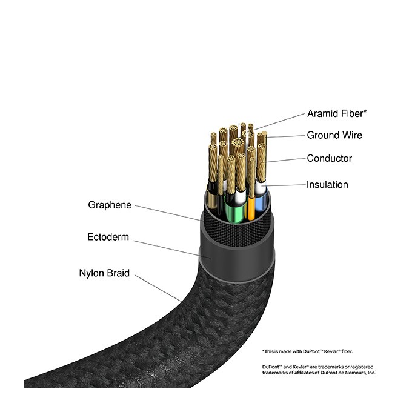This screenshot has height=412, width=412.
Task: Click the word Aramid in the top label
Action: (x=323, y=113)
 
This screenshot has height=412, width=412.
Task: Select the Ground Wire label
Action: (x=334, y=135)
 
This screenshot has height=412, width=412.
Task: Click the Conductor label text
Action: (x=329, y=158)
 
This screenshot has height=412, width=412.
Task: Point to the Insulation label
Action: (x=327, y=184)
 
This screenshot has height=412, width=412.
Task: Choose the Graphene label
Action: (x=110, y=205)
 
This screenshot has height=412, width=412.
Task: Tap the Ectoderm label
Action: (x=108, y=237)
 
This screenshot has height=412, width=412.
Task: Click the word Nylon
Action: (x=91, y=273)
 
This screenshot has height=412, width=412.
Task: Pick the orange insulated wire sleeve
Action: (x=251, y=208)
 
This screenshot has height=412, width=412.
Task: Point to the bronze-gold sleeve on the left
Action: (x=211, y=199)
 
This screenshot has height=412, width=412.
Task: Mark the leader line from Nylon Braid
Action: (x=158, y=288)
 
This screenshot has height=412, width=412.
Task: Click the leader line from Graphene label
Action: (x=167, y=213)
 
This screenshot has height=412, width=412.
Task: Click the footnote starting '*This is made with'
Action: (x=307, y=351)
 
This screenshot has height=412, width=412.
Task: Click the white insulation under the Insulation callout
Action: (x=261, y=188)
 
